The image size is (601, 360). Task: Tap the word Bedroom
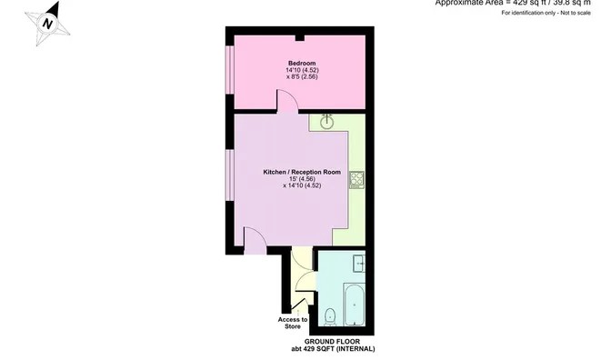(x=303, y=63)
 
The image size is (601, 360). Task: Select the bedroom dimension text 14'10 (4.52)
(x=303, y=70)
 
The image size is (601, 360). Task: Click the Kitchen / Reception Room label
(x=302, y=172)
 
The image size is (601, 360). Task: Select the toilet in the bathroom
(x=332, y=317)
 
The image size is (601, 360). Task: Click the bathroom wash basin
(x=358, y=265)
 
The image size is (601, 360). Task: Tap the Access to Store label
(x=293, y=323)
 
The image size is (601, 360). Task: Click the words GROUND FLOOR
(x=326, y=342)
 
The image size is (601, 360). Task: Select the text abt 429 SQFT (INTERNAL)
(x=326, y=349)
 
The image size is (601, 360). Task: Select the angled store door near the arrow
(x=299, y=305)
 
